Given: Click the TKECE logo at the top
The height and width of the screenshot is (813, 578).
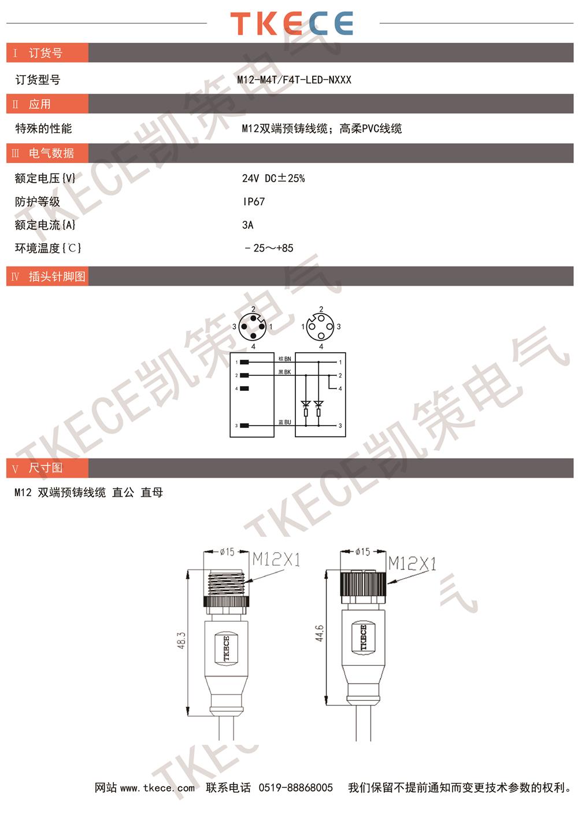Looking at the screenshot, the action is (x=291, y=23).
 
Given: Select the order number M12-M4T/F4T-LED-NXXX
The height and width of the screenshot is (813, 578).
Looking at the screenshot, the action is (x=294, y=80).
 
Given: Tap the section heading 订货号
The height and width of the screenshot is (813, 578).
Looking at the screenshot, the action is (x=45, y=53).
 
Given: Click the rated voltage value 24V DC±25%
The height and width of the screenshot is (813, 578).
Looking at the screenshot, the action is (x=273, y=178).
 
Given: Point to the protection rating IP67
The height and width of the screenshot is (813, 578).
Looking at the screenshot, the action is (x=254, y=201).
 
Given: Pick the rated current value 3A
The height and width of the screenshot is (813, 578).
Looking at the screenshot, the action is (x=248, y=225).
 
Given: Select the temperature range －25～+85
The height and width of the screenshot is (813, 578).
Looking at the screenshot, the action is (x=269, y=248).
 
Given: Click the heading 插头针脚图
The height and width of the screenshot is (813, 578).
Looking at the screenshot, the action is (x=57, y=276).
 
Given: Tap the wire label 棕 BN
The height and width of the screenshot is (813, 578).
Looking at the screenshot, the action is (x=285, y=359).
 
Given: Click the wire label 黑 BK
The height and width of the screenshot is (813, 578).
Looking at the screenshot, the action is (x=285, y=372).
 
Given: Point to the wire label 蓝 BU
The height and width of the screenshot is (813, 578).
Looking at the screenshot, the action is (x=285, y=422).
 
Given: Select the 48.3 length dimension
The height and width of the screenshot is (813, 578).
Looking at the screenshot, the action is (x=182, y=641).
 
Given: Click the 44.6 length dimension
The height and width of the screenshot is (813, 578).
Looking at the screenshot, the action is (x=319, y=633).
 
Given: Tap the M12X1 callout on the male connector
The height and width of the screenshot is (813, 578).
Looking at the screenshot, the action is (x=276, y=559).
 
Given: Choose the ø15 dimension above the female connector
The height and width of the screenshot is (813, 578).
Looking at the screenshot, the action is (x=362, y=552).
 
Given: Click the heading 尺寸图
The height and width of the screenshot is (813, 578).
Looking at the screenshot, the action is (x=45, y=468).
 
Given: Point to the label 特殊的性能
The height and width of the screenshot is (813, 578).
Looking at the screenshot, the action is (x=43, y=128).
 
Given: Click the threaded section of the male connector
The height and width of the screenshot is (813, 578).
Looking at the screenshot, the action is (x=227, y=583).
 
